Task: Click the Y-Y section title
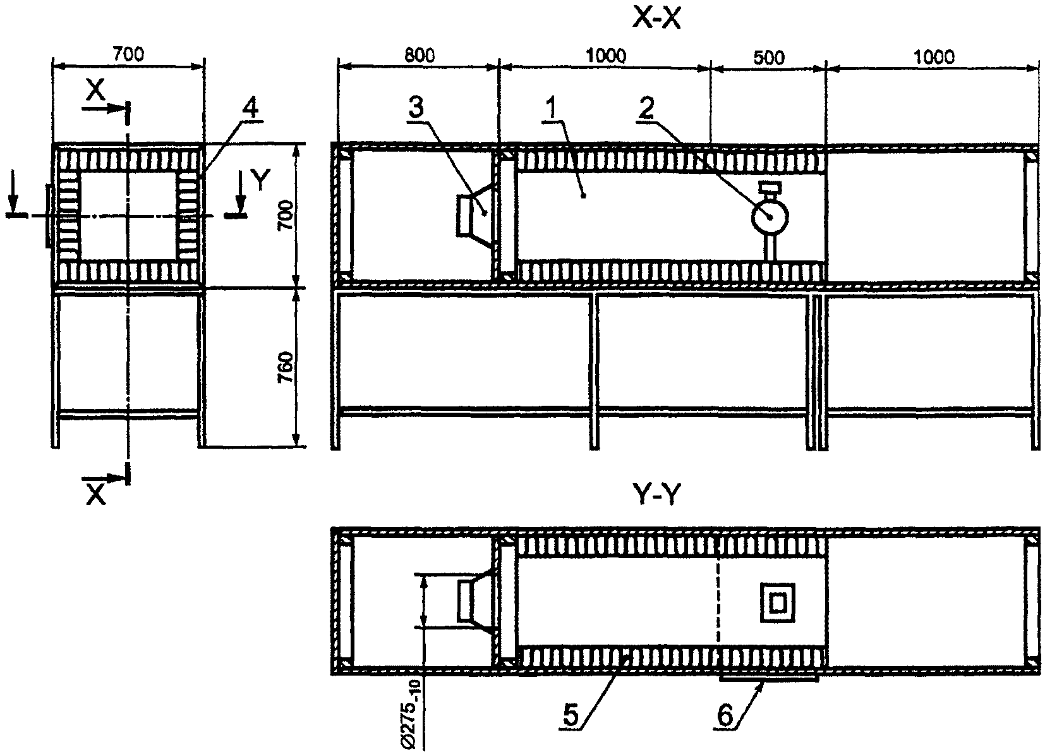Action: pos(658,497)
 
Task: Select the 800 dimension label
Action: pos(419,55)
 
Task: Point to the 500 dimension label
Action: pos(769,57)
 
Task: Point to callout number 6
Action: pos(725,715)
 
